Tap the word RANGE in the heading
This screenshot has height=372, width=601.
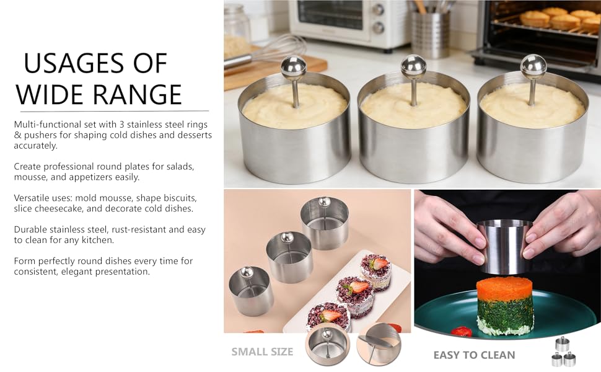(x=137, y=94)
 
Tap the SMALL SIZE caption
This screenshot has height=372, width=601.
(x=262, y=352)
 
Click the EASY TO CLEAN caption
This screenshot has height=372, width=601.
(x=474, y=355)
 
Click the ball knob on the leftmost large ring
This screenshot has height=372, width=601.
(x=293, y=68)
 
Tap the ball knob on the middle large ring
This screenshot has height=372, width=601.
(x=413, y=66)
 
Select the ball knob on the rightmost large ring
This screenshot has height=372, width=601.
(x=533, y=66)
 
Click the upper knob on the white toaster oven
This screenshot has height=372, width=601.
(x=378, y=9)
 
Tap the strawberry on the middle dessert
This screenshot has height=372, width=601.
(x=355, y=287)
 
